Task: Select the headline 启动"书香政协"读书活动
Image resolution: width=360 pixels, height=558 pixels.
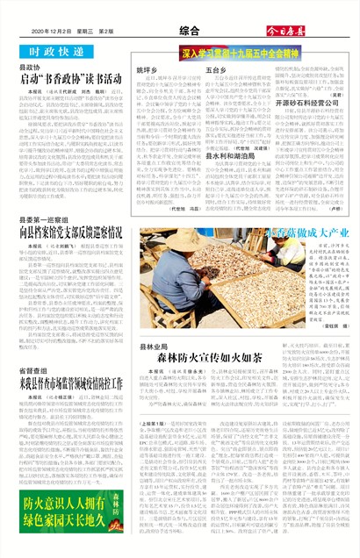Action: point(72,79)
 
